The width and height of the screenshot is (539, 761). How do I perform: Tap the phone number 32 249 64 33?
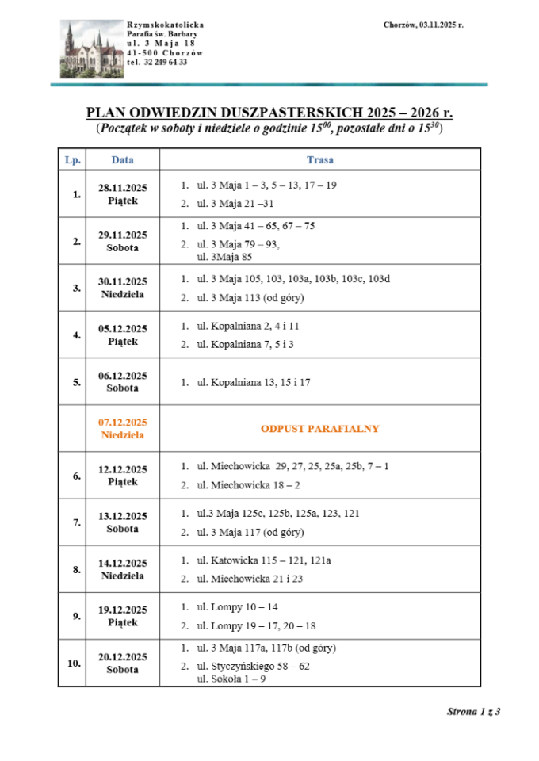(x=157, y=62)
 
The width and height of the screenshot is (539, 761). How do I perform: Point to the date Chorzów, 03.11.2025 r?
(x=422, y=25)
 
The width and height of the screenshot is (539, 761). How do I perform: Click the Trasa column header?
(x=319, y=159)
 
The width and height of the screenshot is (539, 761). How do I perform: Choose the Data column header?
(x=122, y=159)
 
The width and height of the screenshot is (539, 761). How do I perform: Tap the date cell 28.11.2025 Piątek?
(x=122, y=194)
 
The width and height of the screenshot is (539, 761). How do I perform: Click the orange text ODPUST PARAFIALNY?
(x=319, y=429)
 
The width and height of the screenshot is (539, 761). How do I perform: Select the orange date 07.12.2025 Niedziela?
(x=122, y=429)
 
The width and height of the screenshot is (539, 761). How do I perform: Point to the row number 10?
(x=74, y=663)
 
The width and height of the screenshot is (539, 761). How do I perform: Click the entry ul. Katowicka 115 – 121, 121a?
(x=263, y=560)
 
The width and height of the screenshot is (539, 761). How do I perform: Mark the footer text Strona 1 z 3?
(x=473, y=711)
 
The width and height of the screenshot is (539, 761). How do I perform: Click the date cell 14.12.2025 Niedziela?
(x=122, y=569)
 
